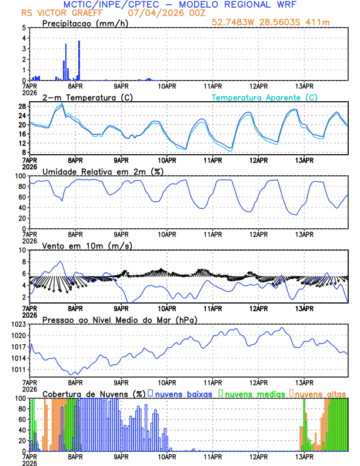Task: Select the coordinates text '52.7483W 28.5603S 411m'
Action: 279,23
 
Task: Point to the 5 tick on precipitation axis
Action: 24,28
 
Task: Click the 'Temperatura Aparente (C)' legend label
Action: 265,97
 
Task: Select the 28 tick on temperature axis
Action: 22,106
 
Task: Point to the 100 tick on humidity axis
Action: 19,176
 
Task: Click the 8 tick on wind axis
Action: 24,262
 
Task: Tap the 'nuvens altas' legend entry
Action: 321,394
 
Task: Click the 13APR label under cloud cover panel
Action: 304,457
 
